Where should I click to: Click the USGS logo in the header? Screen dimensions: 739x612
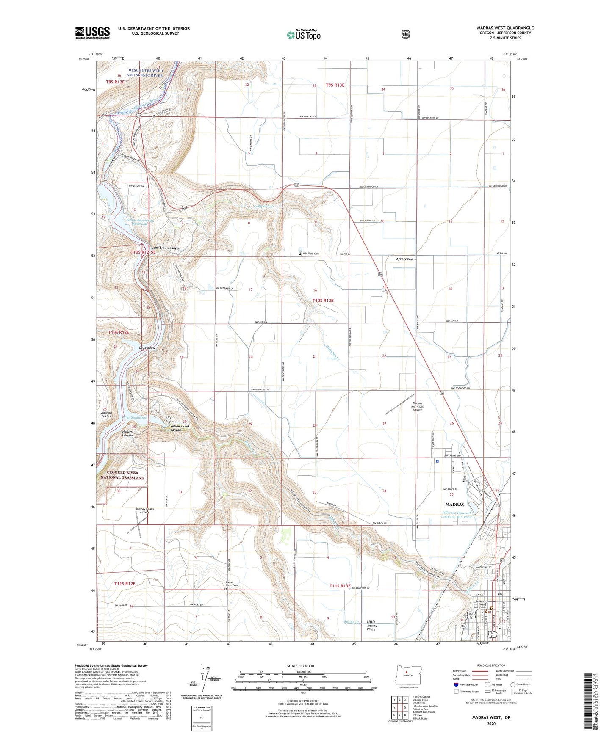coord(92,33)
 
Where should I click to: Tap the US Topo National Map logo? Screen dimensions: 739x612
coord(303,34)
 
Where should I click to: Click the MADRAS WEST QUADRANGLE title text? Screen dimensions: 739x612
coord(505,28)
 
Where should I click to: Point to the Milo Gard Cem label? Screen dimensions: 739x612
coord(310,254)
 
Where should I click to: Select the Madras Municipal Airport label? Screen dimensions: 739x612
coord(418,407)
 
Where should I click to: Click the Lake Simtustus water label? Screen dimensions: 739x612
coord(135,418)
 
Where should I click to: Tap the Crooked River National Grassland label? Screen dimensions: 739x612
coord(122,475)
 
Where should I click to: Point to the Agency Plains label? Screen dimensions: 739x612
coord(405,259)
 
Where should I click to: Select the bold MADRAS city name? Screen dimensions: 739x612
coord(455,505)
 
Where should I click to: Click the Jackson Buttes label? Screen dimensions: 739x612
coord(106,414)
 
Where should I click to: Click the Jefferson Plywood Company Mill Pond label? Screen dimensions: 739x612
coord(456,515)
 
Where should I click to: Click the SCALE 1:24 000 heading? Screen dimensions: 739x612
coord(300,666)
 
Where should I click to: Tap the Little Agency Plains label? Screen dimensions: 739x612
coord(372,626)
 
